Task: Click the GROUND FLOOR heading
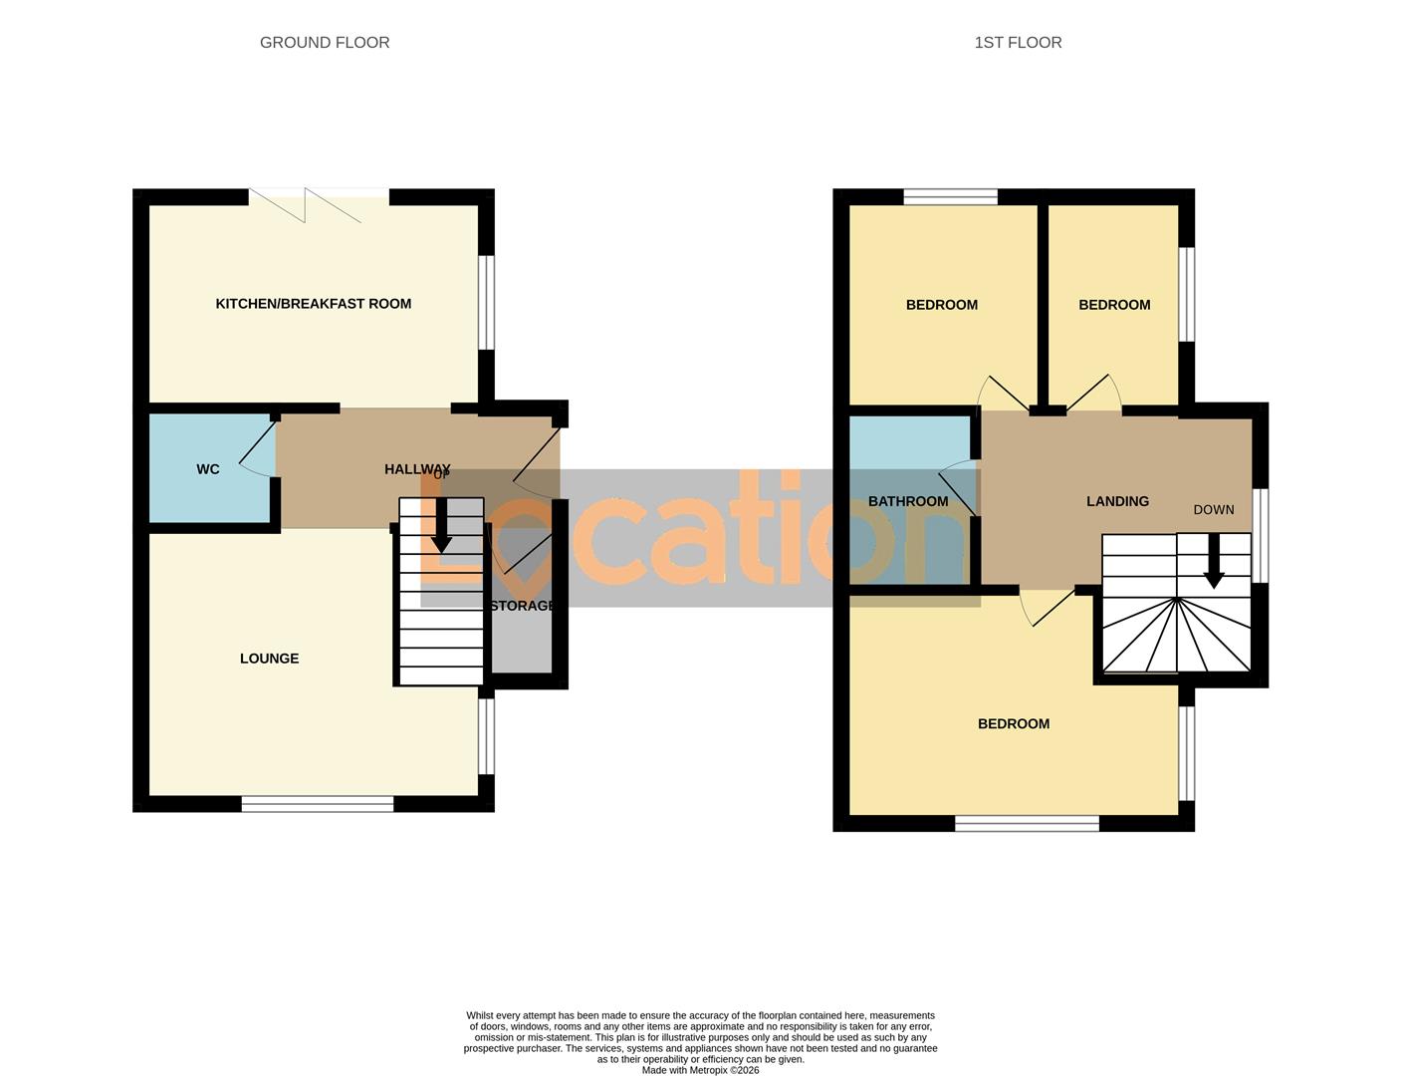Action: (325, 42)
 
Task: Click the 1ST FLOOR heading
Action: (1018, 42)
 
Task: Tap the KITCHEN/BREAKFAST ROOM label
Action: (313, 304)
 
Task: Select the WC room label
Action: (208, 469)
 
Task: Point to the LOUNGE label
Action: (269, 659)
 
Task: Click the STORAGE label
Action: (522, 606)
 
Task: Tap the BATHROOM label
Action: (908, 501)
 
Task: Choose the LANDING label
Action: (1117, 501)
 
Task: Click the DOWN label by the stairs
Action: (1213, 509)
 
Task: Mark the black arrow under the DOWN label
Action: (1213, 564)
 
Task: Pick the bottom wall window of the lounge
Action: (318, 804)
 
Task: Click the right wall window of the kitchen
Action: (487, 303)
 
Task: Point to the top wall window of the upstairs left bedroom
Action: (950, 197)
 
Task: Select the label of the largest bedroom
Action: (1013, 724)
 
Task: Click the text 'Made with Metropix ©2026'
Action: (700, 1070)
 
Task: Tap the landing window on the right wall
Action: (1261, 535)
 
